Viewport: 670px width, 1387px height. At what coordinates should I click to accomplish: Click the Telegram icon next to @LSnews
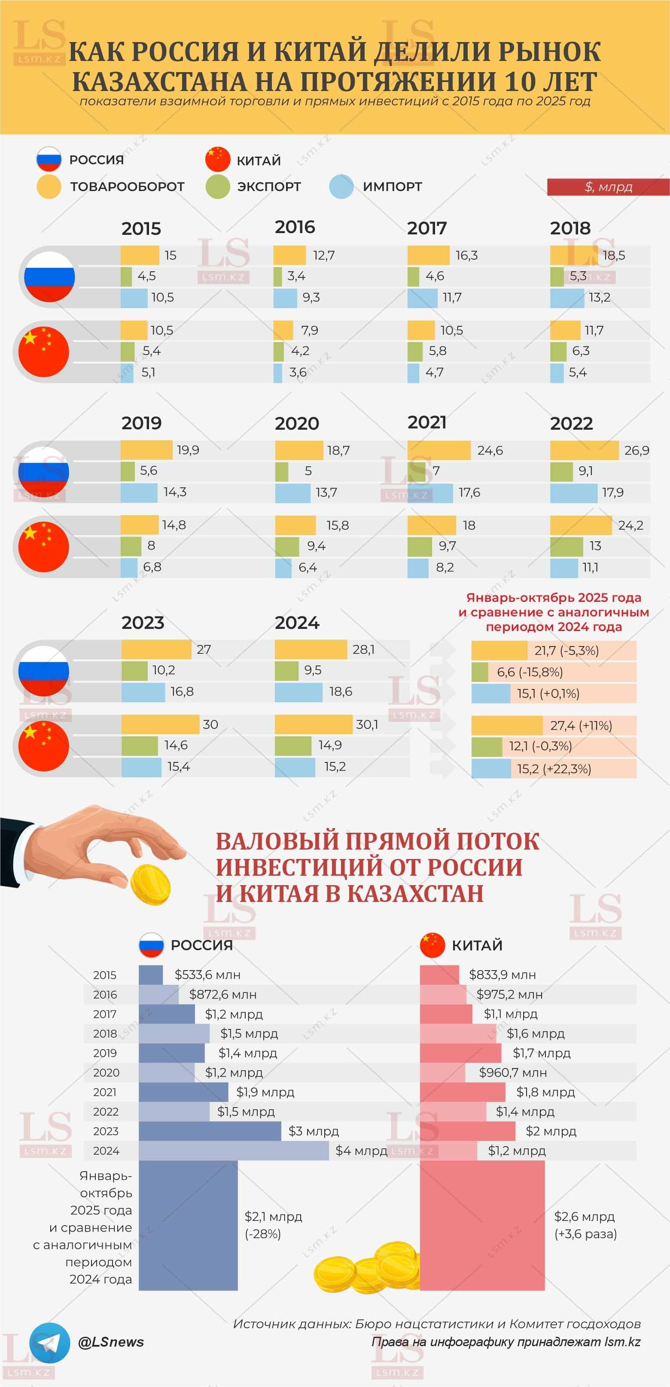tap(49, 1343)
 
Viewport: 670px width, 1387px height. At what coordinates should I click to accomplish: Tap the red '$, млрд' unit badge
tap(608, 187)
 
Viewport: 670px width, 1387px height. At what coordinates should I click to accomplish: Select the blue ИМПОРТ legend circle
tap(341, 187)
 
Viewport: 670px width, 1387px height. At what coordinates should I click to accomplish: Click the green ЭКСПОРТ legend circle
tap(218, 187)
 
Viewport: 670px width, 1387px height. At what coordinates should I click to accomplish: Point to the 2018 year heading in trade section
tap(570, 228)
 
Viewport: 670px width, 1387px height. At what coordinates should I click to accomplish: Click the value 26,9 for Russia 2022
tap(636, 450)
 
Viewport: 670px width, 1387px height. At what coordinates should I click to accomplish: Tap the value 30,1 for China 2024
tap(367, 725)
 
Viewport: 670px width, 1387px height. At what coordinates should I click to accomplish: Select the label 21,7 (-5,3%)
tap(566, 650)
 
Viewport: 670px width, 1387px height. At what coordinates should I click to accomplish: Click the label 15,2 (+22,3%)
tap(554, 769)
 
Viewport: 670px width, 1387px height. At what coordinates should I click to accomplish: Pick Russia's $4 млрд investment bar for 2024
tap(233, 1150)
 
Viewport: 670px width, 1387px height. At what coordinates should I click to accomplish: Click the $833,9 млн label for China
tap(502, 974)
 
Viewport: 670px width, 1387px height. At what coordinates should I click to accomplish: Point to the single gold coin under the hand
tap(151, 885)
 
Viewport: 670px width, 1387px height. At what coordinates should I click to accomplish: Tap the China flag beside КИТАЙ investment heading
tap(432, 945)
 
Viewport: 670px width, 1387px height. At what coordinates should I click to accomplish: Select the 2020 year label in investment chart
tap(106, 1073)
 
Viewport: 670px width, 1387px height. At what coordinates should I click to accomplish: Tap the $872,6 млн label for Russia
tap(222, 995)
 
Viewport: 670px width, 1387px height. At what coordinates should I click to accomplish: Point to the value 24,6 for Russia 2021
tap(490, 450)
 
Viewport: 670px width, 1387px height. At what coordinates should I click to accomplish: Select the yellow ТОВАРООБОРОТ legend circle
tap(49, 187)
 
